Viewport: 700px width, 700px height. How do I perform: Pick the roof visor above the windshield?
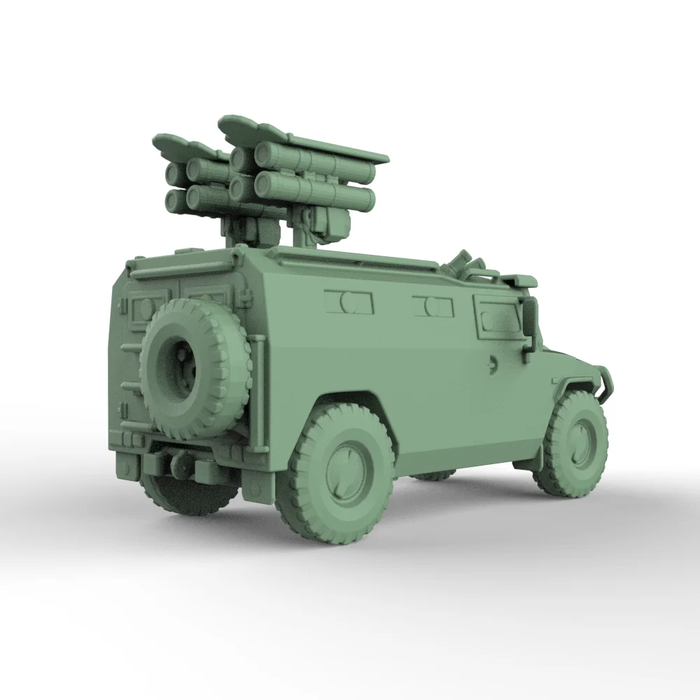tap(521, 281)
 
